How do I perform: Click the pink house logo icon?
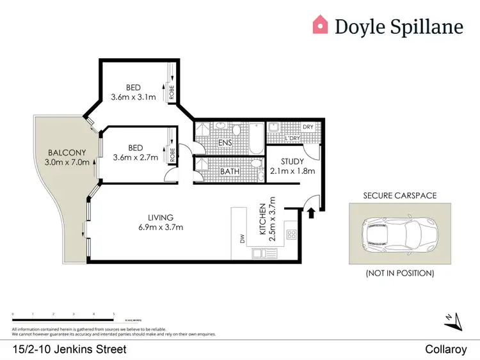tap(320, 25)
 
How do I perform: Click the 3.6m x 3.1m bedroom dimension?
tap(133, 98)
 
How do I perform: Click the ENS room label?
tap(225, 143)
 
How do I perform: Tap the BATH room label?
tap(229, 171)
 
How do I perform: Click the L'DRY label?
tap(293, 138)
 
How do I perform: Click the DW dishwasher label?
tap(243, 239)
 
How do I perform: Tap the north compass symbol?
tap(452, 319)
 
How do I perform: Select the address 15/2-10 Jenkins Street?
tap(69, 349)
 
